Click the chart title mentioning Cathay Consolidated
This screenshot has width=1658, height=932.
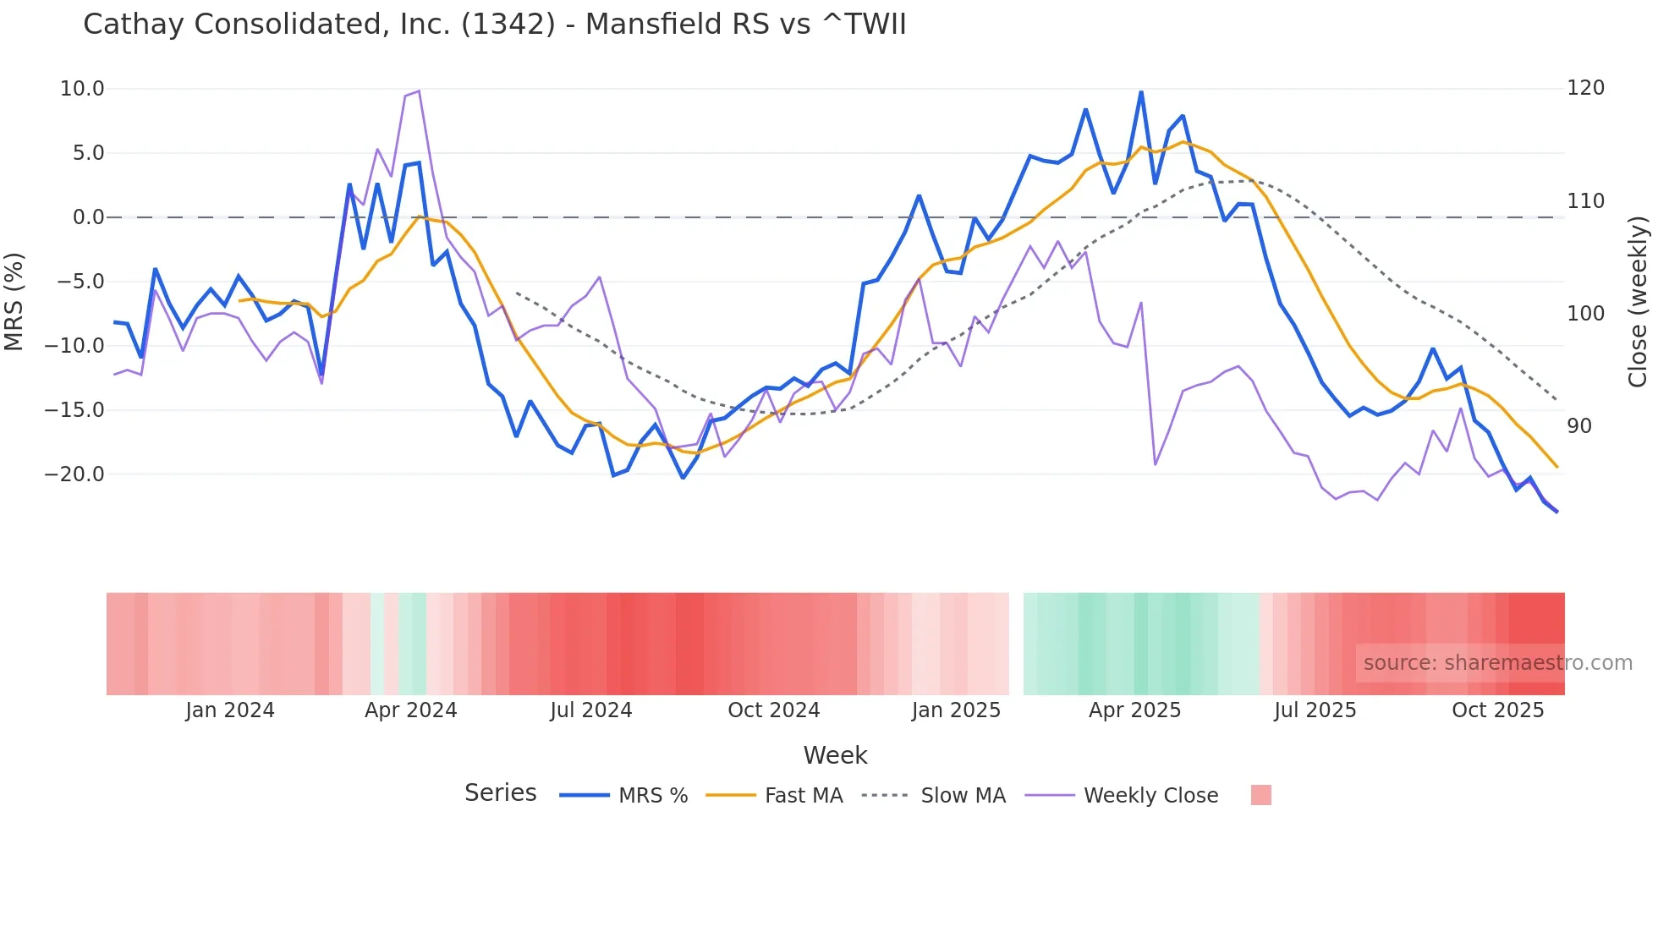pos(494,25)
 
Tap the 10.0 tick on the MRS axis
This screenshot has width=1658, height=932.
pos(82,89)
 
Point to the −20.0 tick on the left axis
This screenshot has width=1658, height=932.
pos(74,474)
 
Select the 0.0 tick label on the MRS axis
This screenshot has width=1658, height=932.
pos(88,217)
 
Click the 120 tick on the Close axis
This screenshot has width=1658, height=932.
pos(1585,88)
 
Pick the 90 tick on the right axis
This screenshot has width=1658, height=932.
pos(1579,426)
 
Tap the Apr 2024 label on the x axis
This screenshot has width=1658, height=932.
pos(410,710)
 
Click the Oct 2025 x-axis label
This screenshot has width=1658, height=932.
pos(1497,710)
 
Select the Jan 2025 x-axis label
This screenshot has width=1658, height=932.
pos(956,710)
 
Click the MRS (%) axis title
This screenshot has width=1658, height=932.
pos(14,301)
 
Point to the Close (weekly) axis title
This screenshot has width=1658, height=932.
pos(1638,301)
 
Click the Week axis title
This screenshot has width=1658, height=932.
pos(835,755)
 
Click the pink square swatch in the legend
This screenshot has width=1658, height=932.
pos(1260,795)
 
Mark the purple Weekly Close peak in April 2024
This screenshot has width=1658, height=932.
pos(419,91)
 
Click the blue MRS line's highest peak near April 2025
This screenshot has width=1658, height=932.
pos(1141,92)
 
